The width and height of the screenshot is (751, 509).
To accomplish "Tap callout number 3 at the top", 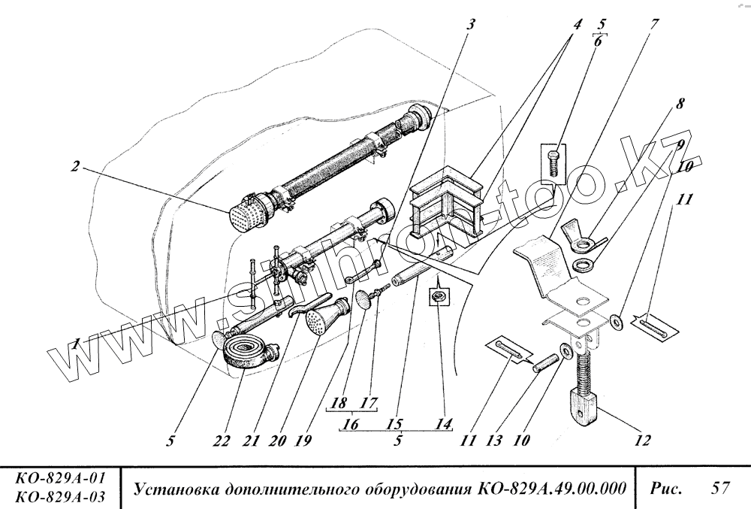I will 471,24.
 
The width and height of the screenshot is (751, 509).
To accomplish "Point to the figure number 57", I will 720,488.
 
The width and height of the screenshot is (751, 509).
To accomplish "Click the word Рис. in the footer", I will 667,488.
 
